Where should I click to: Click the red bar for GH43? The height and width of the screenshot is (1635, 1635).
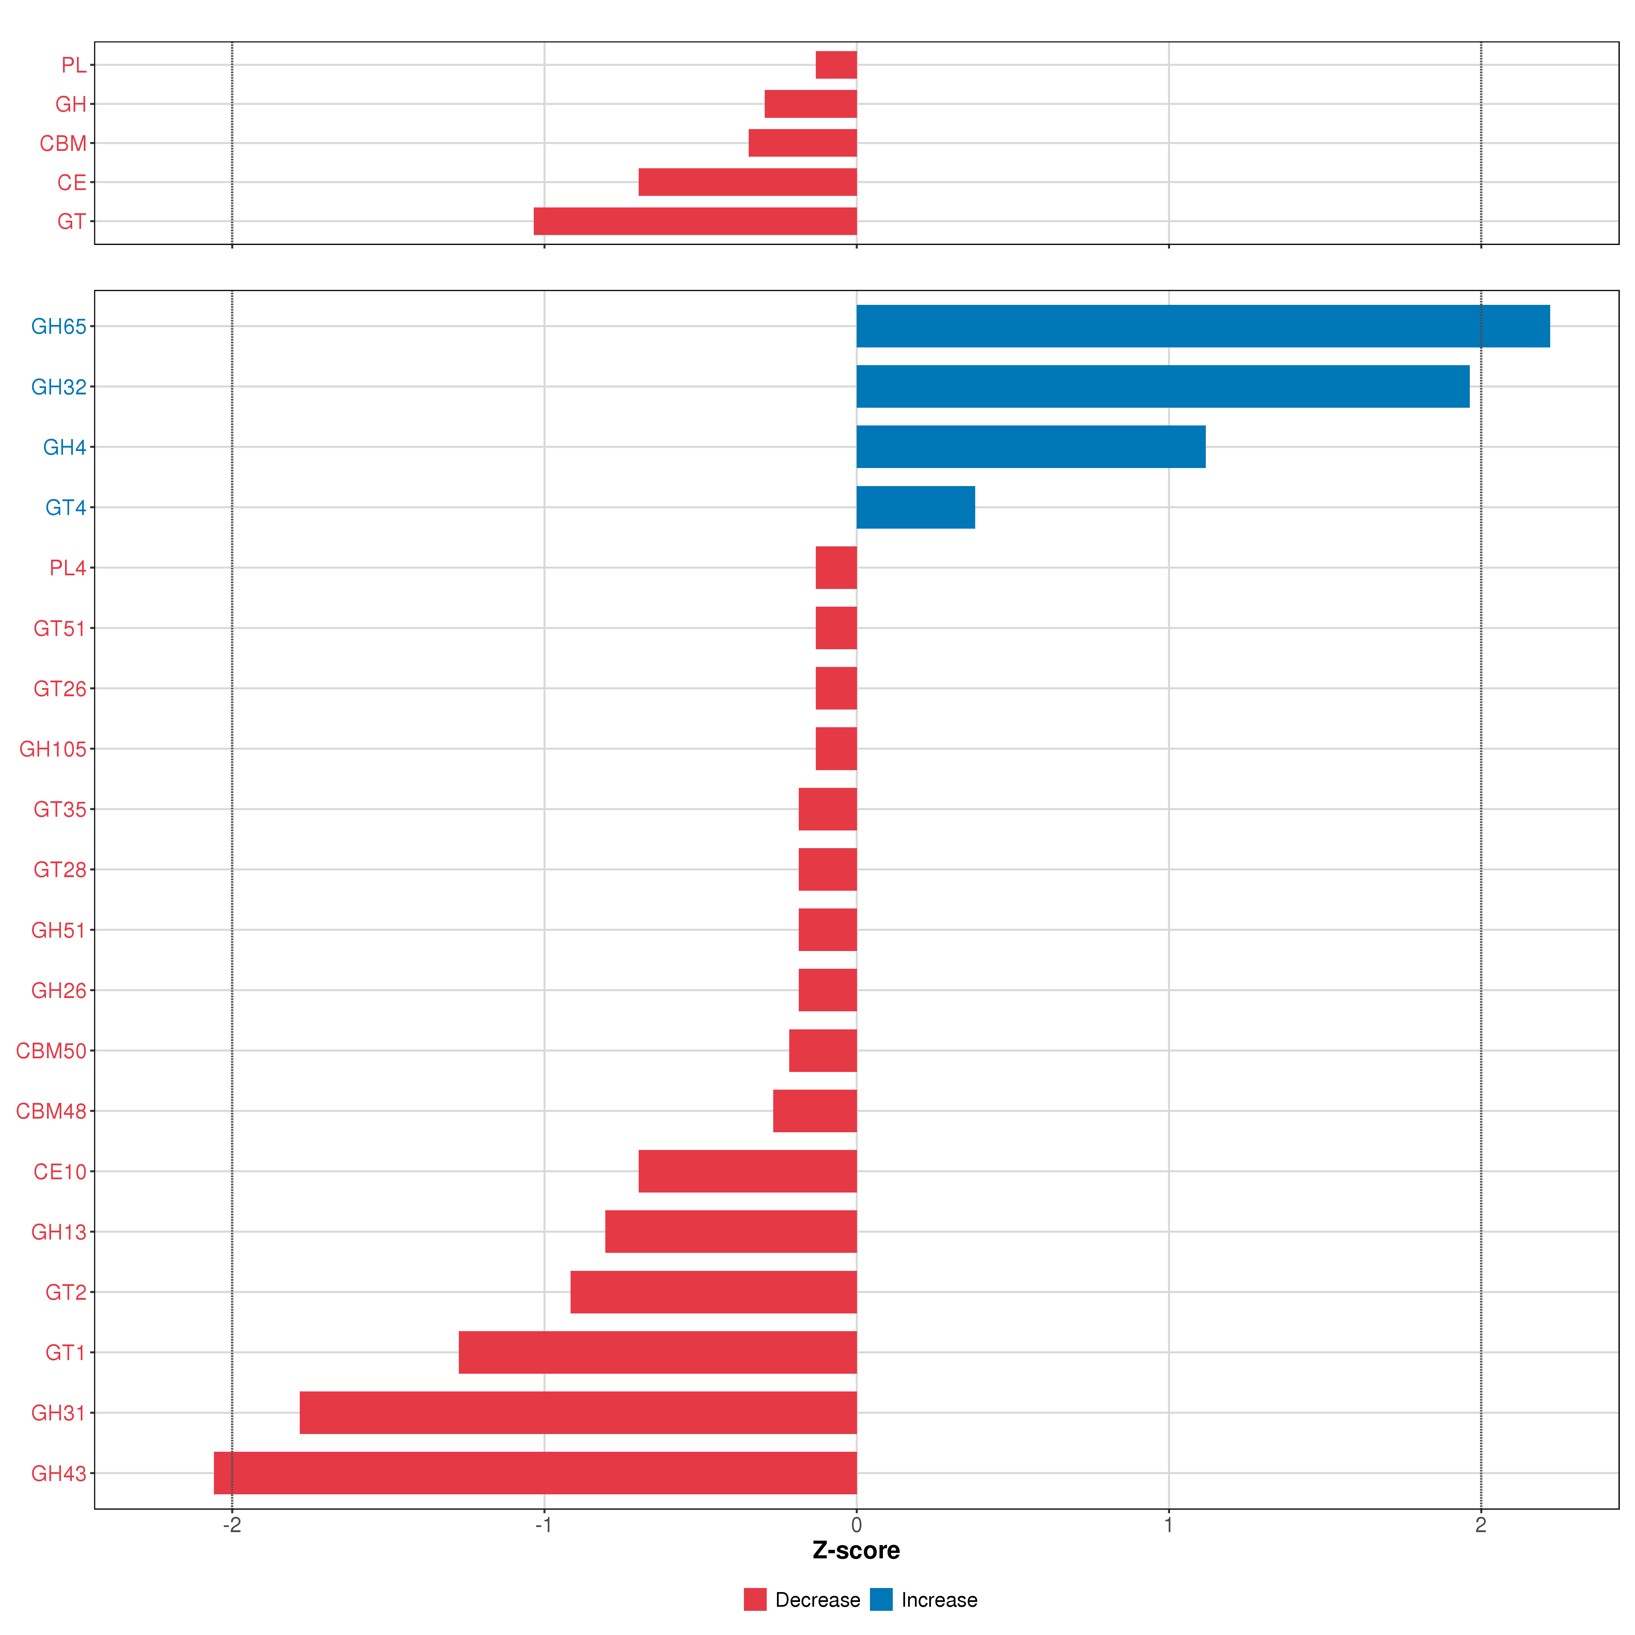click(x=535, y=1473)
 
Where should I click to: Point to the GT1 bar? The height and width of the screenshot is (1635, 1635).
click(x=657, y=1352)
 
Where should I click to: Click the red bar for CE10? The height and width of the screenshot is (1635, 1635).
click(x=747, y=1171)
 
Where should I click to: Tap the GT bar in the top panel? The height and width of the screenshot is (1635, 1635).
click(x=695, y=221)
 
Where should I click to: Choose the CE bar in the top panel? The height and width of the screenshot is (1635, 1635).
click(x=747, y=182)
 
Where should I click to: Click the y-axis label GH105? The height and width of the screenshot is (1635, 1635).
click(x=52, y=749)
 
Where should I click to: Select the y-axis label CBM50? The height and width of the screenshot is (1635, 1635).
click(x=51, y=1051)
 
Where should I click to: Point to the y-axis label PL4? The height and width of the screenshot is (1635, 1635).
click(x=68, y=568)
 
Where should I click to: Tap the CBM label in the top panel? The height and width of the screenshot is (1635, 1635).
click(x=63, y=143)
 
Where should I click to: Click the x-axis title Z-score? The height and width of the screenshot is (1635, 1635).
click(x=856, y=1551)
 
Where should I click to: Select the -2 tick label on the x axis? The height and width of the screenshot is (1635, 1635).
click(x=232, y=1525)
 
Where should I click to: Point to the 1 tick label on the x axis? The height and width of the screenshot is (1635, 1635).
click(x=1169, y=1525)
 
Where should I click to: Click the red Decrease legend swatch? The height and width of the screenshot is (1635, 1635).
click(x=755, y=1600)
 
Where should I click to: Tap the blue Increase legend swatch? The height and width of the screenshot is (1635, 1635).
click(x=881, y=1600)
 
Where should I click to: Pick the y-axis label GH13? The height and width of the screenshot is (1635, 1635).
click(x=58, y=1232)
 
